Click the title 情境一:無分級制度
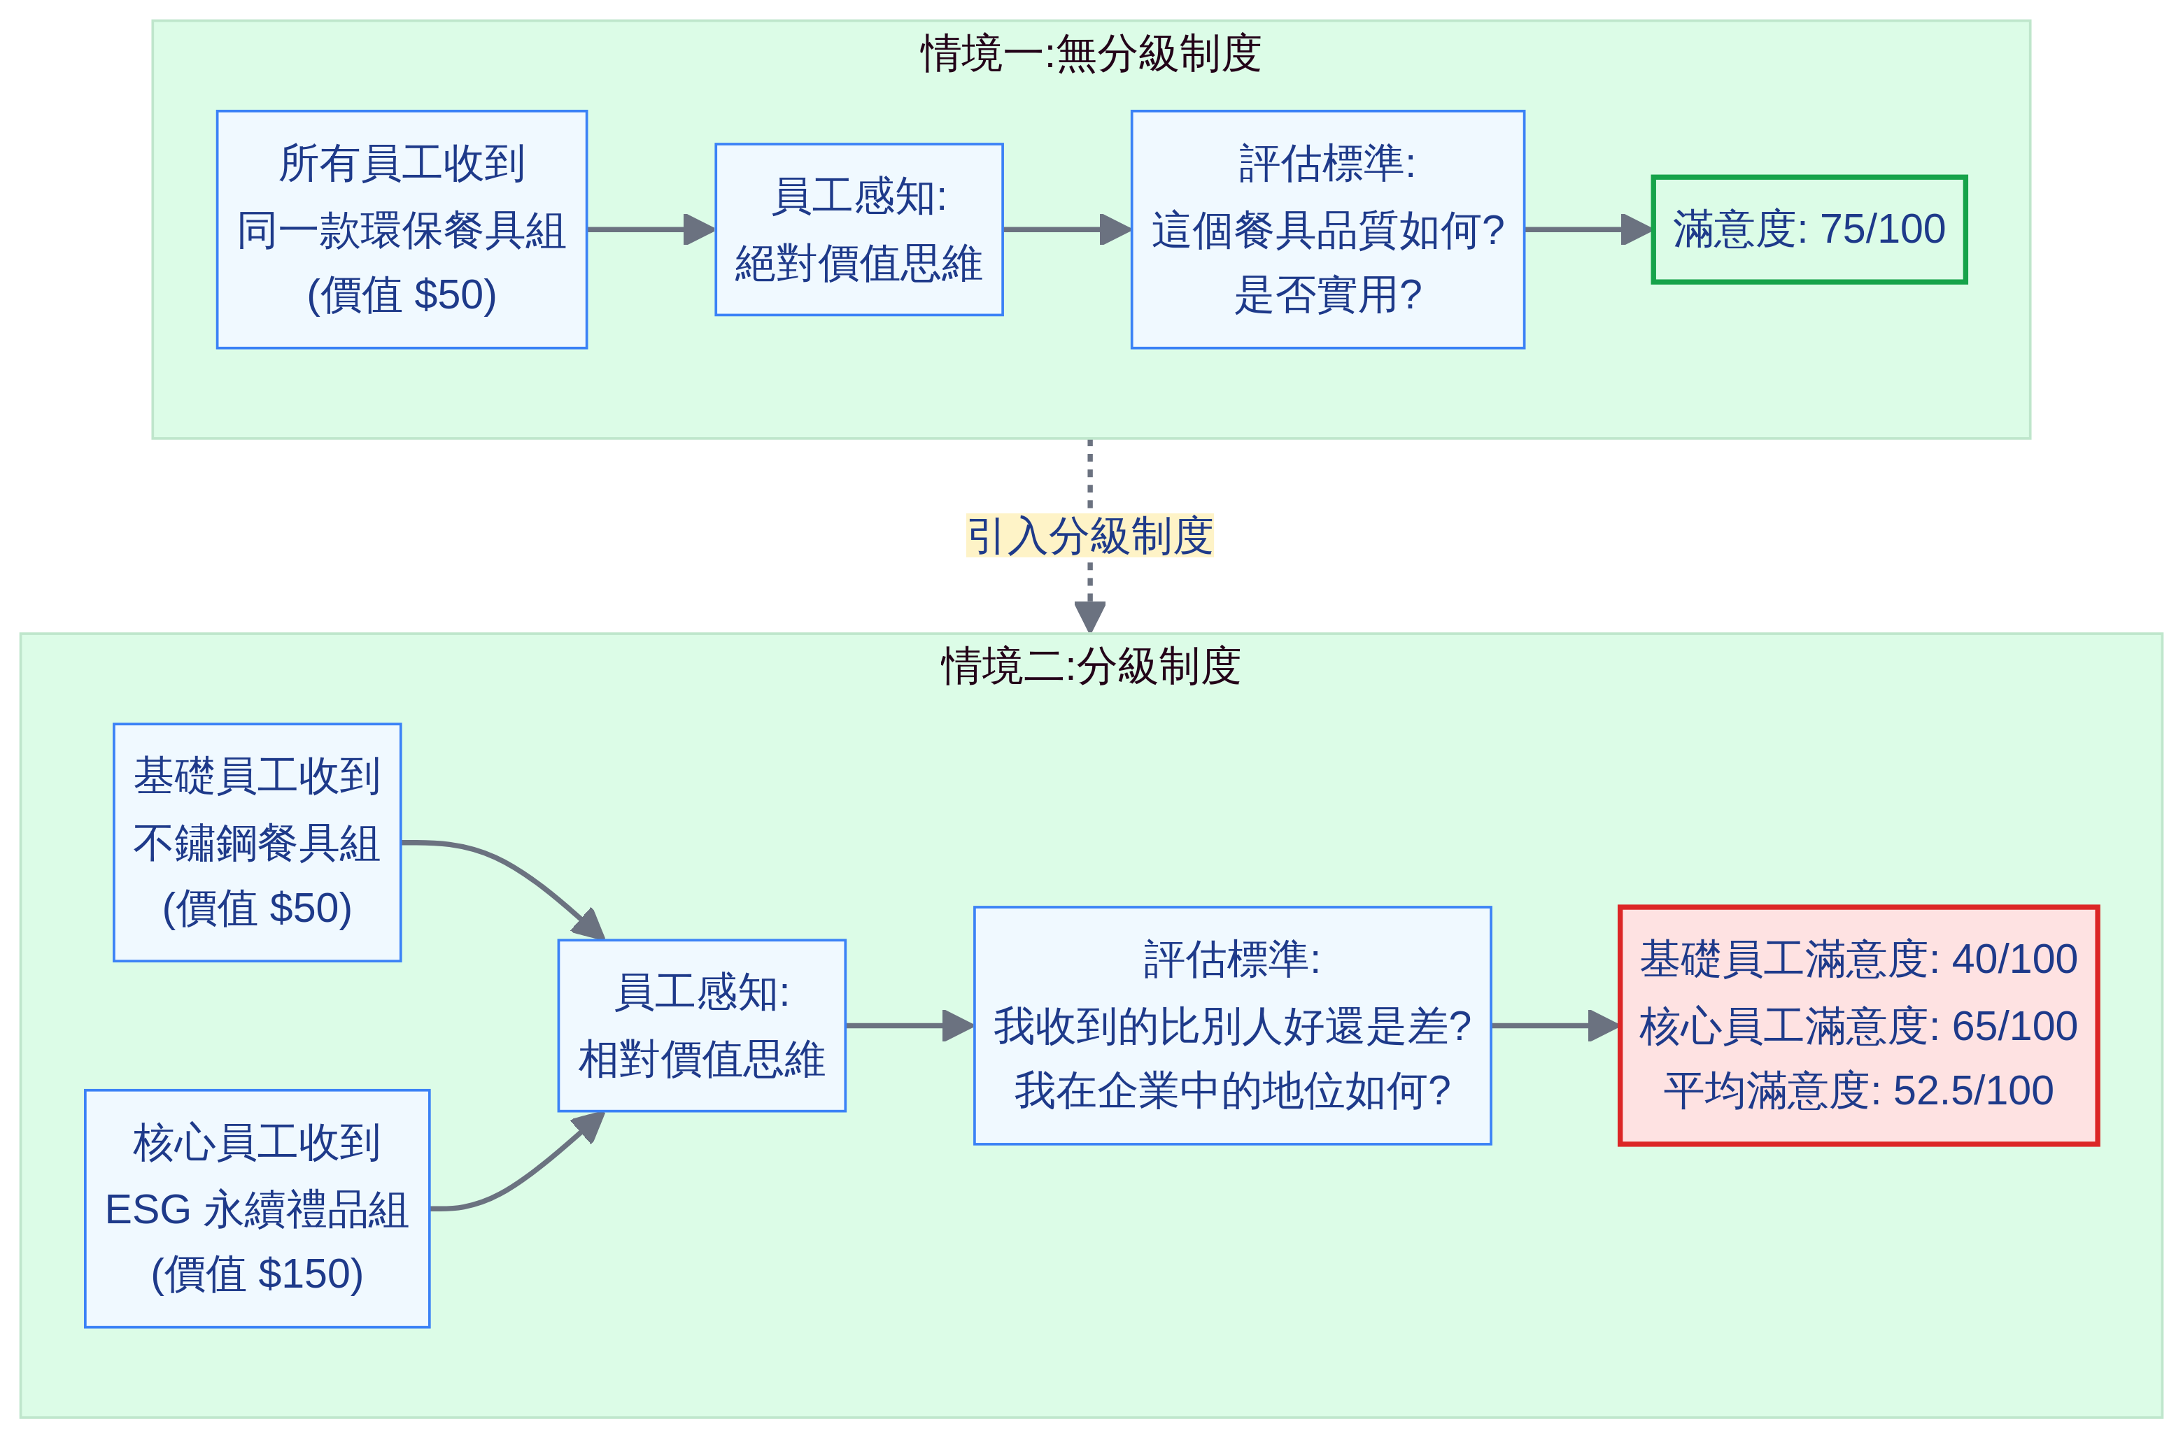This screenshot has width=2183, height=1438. coord(1089,54)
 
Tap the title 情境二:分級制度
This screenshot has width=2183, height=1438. coord(1089,667)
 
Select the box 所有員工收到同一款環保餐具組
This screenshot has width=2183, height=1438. coord(402,229)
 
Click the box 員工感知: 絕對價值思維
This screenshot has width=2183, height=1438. coord(859,229)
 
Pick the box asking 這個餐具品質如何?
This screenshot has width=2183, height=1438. coord(1327,229)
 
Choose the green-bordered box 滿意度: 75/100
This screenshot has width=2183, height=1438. coord(1808,229)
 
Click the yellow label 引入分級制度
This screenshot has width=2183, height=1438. coord(1089,536)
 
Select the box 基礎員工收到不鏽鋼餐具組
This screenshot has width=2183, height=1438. coord(257,842)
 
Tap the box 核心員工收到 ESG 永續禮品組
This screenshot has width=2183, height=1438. coord(257,1209)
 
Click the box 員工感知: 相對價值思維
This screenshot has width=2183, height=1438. coord(702,1025)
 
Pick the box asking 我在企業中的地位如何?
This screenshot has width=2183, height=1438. coord(1232,1025)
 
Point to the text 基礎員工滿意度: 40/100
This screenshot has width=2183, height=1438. coord(1858,960)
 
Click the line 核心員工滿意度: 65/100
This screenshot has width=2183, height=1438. coord(1858,1025)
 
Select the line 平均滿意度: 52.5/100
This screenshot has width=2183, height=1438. coord(1858,1091)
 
